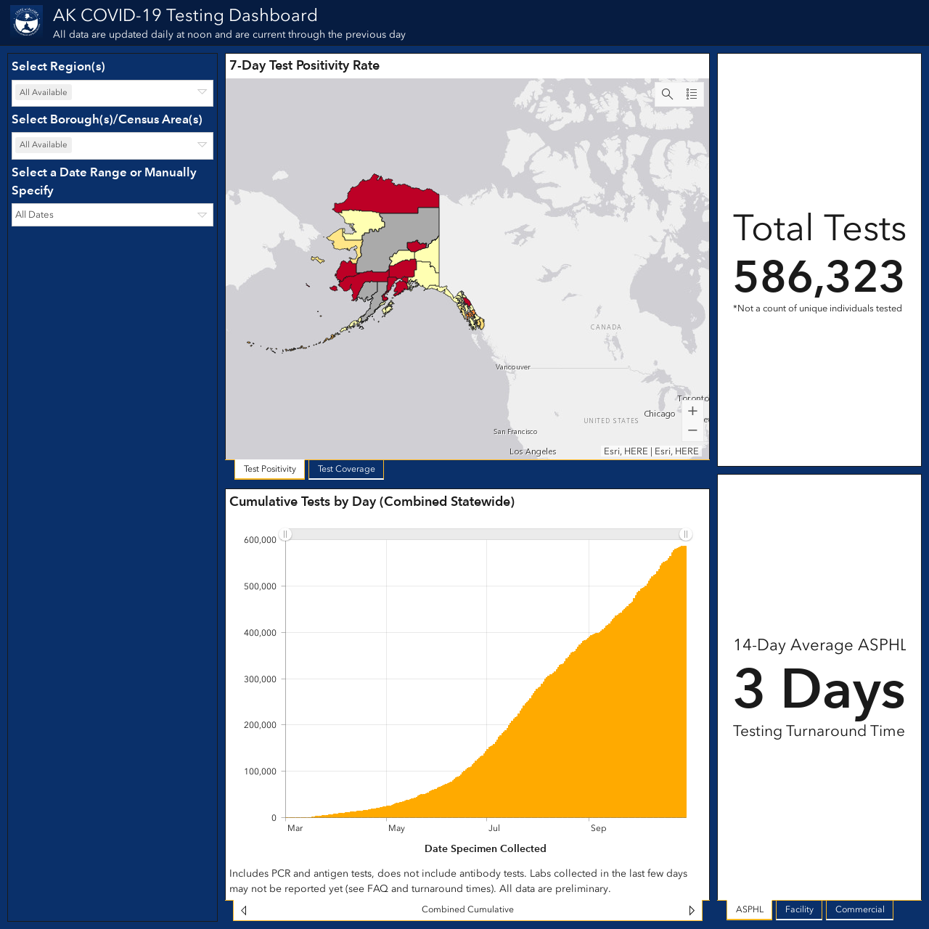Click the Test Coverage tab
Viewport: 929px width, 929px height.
coord(346,469)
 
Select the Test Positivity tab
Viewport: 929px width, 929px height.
coord(269,469)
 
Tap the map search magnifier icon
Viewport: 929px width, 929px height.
coord(667,94)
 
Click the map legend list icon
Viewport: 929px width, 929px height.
coord(692,94)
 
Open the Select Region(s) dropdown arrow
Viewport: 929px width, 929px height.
coord(202,92)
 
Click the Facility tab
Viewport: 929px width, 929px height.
coord(799,909)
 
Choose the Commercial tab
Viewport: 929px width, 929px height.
coord(859,909)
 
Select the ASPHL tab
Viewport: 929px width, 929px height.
coord(750,909)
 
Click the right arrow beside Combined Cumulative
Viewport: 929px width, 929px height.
coord(692,910)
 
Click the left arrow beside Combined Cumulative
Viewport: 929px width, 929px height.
coord(244,910)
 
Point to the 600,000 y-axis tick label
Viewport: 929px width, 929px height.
coord(260,540)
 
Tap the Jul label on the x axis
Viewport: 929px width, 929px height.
coord(494,828)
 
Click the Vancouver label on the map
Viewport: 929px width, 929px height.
coord(513,367)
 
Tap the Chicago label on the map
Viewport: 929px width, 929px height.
coord(660,414)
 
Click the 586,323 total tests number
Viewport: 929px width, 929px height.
coord(819,277)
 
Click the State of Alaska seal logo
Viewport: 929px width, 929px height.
coord(27,21)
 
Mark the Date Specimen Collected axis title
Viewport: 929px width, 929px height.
coord(485,849)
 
